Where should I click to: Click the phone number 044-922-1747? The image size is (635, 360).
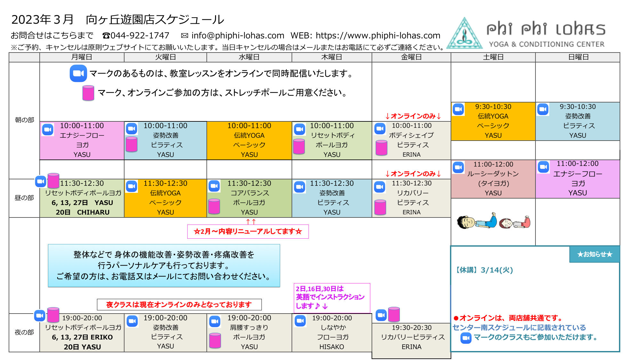coord(140,36)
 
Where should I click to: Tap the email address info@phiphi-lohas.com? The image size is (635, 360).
coord(238,36)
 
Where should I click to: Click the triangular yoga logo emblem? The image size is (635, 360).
coord(464,33)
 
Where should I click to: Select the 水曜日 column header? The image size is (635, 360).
coord(249,57)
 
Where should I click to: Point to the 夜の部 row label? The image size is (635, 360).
coord(24,332)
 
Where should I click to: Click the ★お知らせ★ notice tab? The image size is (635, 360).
coord(594,254)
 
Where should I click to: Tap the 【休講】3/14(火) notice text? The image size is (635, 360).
coord(483,270)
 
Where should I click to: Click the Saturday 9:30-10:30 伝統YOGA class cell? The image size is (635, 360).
coord(493,121)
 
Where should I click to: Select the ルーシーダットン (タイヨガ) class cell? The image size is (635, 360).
coord(493,179)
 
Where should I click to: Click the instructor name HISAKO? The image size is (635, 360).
coord(332,347)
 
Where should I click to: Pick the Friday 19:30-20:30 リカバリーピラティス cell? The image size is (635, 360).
coord(412,341)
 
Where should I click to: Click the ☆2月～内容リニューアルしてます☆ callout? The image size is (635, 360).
coord(248,232)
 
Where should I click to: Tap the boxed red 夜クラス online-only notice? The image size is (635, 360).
coord(179,305)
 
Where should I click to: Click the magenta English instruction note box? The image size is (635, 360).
coord(332,298)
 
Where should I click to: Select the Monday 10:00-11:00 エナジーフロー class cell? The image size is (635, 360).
coord(82,140)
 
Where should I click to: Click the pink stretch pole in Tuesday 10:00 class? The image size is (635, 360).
coord(131,144)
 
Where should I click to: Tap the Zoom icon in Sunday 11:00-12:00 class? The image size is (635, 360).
coord(543,167)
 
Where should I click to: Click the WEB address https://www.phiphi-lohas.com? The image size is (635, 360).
coord(378,36)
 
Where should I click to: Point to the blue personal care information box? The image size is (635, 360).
coord(164,266)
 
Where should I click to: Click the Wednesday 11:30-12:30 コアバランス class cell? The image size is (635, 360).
coord(249,198)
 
